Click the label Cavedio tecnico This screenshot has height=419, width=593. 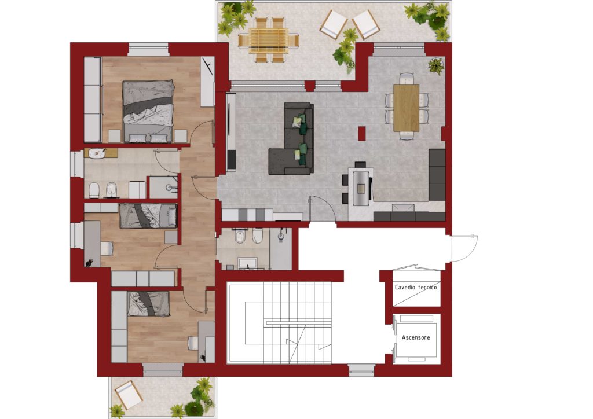coord(416,288)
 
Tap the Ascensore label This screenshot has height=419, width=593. coord(416,338)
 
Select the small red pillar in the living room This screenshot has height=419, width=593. coord(362,134)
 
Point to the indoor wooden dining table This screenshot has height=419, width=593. coord(406,108)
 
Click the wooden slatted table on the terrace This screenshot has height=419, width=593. coord(269,40)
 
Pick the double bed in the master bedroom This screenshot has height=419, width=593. coord(148,111)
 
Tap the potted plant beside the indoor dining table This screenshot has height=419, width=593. coord(435,66)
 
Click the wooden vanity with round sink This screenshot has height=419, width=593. coord(101,153)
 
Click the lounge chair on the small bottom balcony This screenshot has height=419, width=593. coord(129,395)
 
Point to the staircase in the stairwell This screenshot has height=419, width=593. coord(279,324)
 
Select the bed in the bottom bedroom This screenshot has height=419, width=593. coord(148,303)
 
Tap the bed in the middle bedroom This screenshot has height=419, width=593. coord(148,216)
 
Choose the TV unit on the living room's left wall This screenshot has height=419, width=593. coord(230,132)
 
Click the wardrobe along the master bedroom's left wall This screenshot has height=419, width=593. coord(93,100)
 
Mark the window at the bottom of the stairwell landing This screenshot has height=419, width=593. coord(361,370)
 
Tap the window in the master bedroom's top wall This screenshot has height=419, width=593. coord(148,50)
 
